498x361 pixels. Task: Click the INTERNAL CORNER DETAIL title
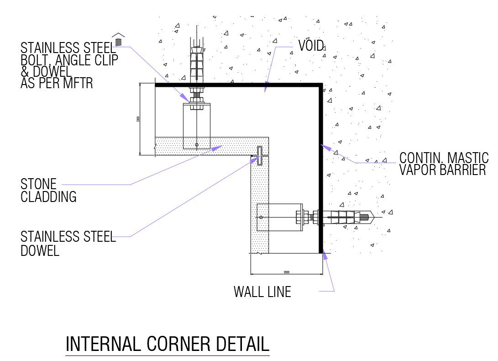pyautogui.click(x=168, y=344)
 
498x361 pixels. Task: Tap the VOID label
pyautogui.click(x=311, y=45)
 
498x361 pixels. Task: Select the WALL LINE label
pyautogui.click(x=262, y=292)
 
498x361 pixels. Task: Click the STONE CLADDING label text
pyautogui.click(x=48, y=191)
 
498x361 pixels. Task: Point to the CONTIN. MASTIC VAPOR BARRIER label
pyautogui.click(x=443, y=164)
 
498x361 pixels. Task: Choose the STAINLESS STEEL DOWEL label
pyautogui.click(x=68, y=244)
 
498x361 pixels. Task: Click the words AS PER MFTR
pyautogui.click(x=57, y=83)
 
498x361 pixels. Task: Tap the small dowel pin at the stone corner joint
pyautogui.click(x=259, y=156)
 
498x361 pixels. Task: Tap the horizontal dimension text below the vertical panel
pyautogui.click(x=286, y=272)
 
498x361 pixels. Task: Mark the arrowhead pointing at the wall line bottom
pyautogui.click(x=325, y=255)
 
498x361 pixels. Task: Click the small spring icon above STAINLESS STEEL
pyautogui.click(x=119, y=42)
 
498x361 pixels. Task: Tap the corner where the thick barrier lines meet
pyautogui.click(x=320, y=85)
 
